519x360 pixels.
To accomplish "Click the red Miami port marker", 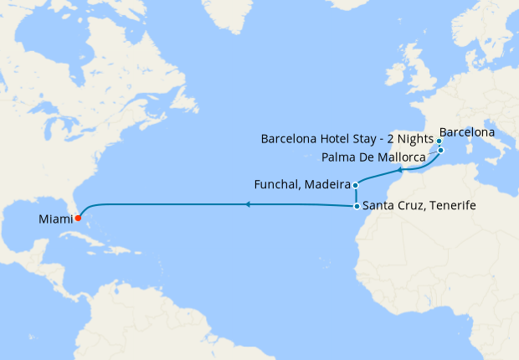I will (x=77, y=219).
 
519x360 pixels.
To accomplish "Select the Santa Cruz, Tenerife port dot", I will (x=357, y=206).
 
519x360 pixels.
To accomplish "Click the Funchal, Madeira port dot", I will (x=356, y=185).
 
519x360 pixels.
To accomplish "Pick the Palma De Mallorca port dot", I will (x=440, y=150).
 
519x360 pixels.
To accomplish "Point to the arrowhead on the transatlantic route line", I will (x=248, y=204).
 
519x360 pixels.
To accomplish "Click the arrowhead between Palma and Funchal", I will (x=401, y=170).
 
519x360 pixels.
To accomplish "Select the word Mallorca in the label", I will (x=405, y=156).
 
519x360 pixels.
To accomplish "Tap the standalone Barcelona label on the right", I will (x=466, y=132).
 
